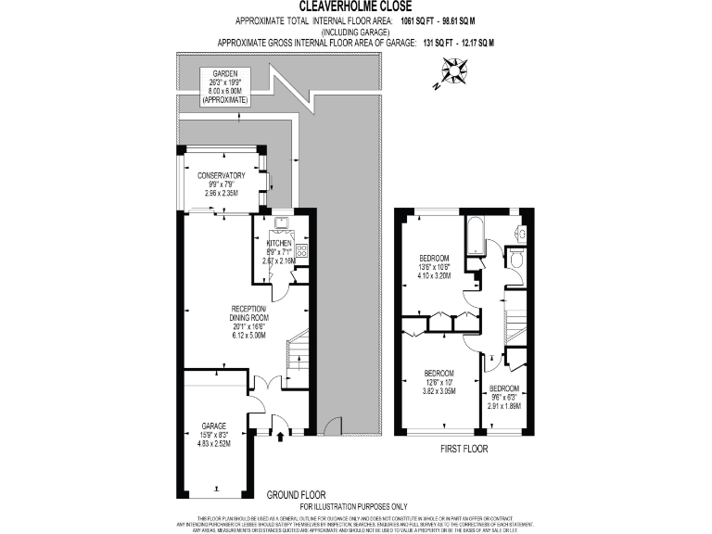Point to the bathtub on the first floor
(x=474, y=236)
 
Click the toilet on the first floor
(x=516, y=257)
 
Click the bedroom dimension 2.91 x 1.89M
(x=505, y=405)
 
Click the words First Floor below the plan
(x=464, y=449)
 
